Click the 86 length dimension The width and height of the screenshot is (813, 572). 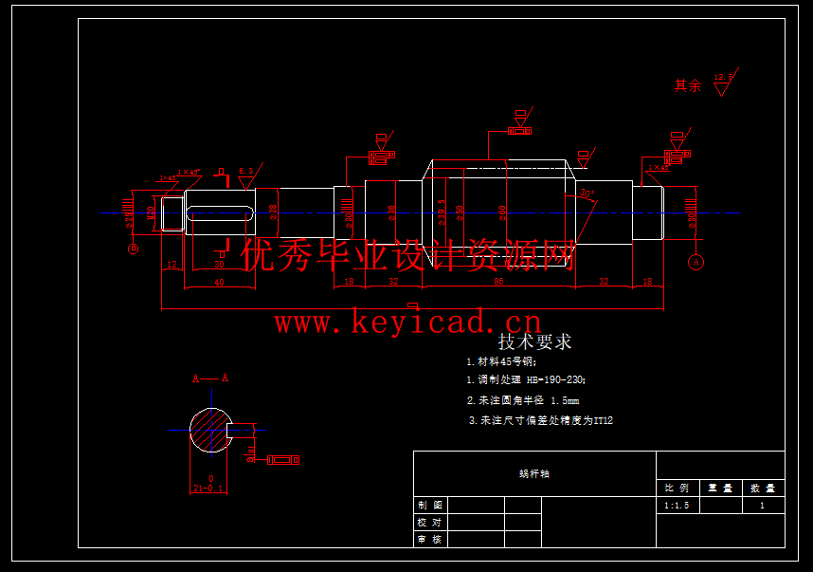point(497,282)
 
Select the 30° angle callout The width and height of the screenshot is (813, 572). point(587,194)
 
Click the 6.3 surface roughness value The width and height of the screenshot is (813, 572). point(245,172)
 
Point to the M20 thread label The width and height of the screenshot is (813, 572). point(150,212)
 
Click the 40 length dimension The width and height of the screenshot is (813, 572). point(219,283)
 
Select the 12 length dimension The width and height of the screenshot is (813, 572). point(172,265)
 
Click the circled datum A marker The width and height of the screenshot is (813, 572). point(696,261)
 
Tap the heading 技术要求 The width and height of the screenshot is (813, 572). point(534,341)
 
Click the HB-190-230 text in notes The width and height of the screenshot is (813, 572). point(556,380)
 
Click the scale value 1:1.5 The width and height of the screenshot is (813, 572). point(677,507)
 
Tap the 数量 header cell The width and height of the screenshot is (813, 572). point(763,488)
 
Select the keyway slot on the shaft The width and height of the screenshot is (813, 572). point(220,212)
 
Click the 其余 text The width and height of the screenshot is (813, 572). point(688,85)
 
